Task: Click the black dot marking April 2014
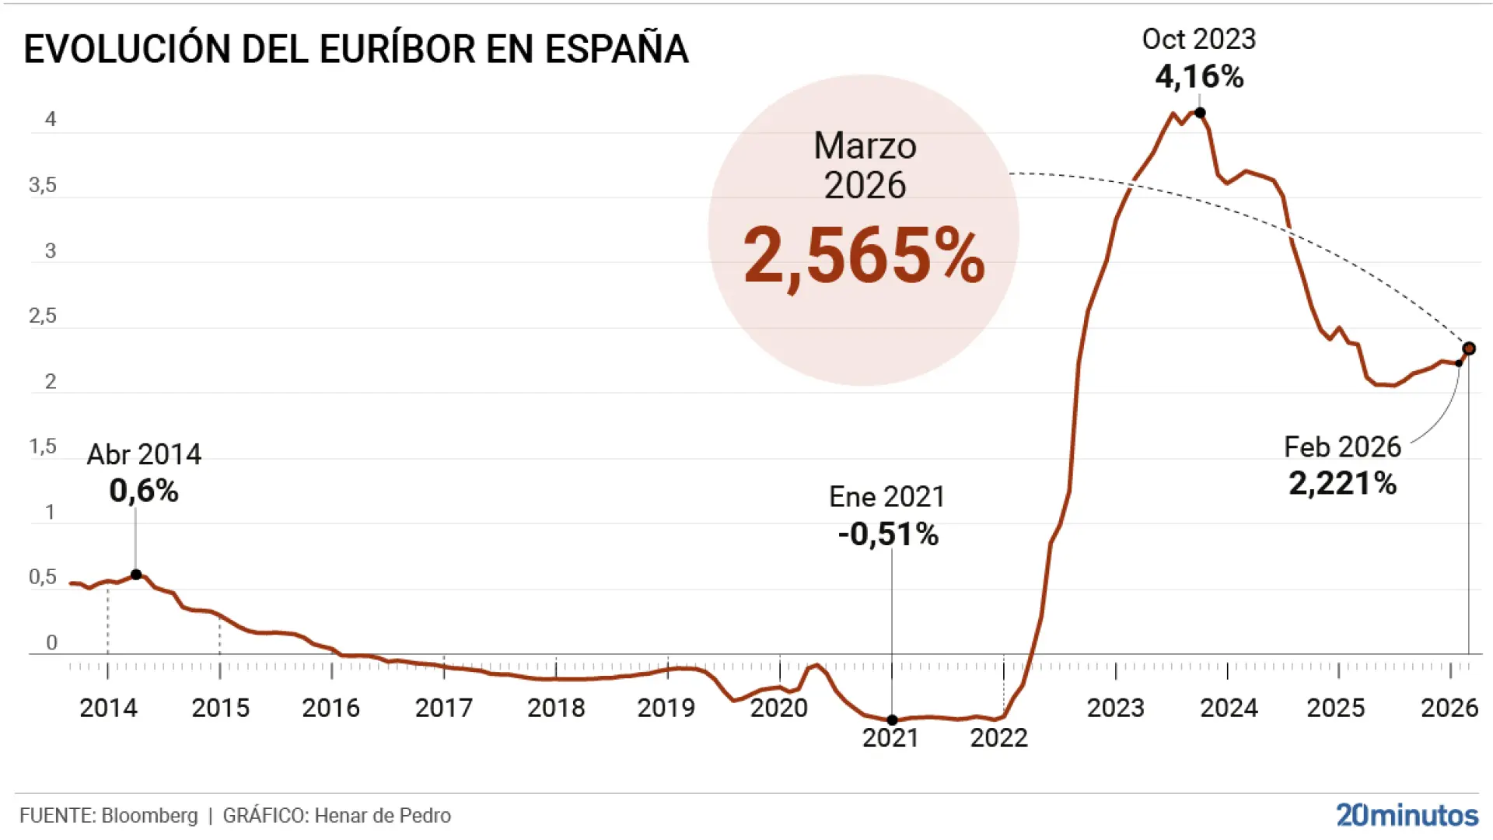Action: point(136,575)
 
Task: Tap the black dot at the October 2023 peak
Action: point(1200,113)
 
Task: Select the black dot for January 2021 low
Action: point(892,720)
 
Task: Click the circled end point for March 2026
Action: point(1469,348)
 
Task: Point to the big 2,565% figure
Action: point(864,255)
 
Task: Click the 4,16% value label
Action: point(1199,77)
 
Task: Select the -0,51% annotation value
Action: point(888,534)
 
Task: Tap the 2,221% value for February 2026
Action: point(1342,484)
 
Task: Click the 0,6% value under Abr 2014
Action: point(144,491)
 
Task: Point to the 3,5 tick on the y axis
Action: point(43,185)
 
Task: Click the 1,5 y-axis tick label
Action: point(43,446)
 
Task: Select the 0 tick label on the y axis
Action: point(51,642)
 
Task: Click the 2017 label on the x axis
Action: point(444,708)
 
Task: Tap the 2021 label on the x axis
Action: point(890,737)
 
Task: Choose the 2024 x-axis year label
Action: point(1228,708)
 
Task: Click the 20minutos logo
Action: point(1407,815)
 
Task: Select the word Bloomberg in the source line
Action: point(149,816)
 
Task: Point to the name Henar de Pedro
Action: point(383,816)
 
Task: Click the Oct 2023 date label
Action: point(1198,39)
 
